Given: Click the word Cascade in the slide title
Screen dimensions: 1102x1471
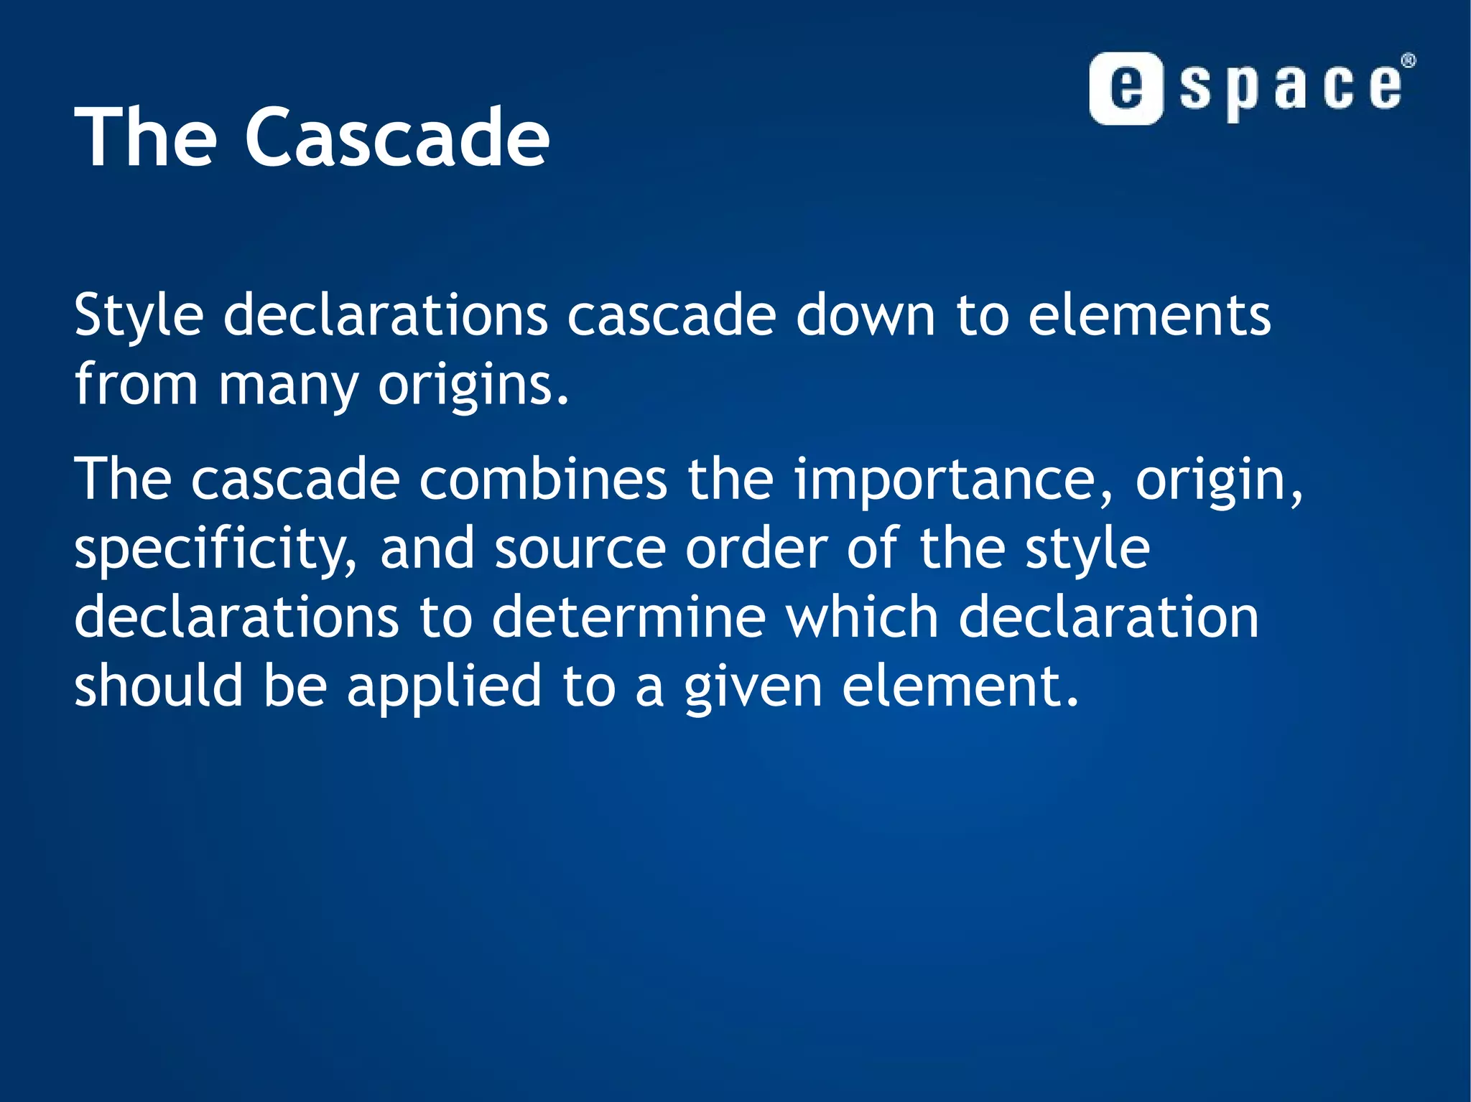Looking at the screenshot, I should click(397, 136).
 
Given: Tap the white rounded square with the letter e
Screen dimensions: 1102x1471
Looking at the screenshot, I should click(1126, 89).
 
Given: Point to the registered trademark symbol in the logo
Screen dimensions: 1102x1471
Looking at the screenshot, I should click(1409, 61).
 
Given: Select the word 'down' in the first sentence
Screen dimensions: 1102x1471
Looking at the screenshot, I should click(865, 316).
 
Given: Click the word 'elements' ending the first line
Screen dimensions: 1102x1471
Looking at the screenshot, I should click(1149, 316).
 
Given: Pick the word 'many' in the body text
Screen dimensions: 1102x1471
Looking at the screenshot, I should click(288, 386).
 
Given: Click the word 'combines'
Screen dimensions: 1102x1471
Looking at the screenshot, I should click(543, 480).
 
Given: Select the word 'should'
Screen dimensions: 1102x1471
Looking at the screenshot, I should click(159, 686).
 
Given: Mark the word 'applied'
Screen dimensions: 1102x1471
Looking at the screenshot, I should click(444, 686).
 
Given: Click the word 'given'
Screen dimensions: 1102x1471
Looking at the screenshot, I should click(753, 686).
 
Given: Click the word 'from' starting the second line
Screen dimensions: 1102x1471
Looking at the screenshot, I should click(136, 386).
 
